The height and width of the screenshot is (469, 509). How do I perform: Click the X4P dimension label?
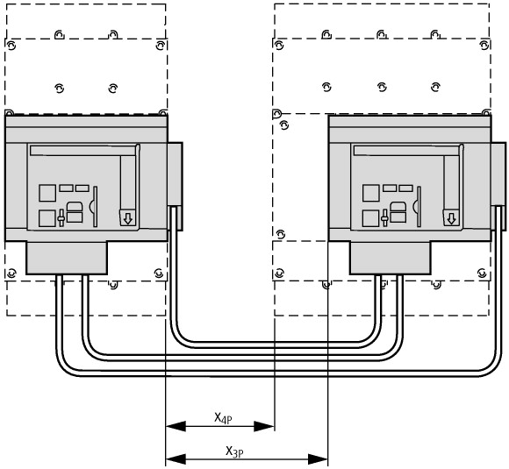click(x=223, y=418)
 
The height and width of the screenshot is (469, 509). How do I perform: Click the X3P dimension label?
click(x=234, y=451)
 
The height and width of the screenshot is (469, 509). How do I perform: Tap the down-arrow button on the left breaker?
click(x=128, y=218)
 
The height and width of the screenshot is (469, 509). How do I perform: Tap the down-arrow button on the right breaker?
click(x=451, y=218)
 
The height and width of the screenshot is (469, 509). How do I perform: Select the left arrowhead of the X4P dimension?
click(x=176, y=426)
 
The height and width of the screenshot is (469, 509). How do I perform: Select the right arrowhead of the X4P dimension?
click(x=264, y=426)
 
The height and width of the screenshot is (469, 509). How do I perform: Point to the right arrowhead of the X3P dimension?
click(x=318, y=459)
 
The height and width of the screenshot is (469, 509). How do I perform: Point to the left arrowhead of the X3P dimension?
click(x=176, y=459)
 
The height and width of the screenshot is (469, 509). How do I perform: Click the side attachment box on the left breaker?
click(x=175, y=186)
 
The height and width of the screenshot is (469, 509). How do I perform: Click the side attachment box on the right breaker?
click(x=498, y=186)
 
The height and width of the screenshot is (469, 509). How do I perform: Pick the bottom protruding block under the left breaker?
click(x=67, y=258)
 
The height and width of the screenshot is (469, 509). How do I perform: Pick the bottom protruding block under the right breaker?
click(x=391, y=258)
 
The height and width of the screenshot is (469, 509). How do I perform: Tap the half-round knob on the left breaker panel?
click(x=91, y=206)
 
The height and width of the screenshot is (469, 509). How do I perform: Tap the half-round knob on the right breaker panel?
click(x=415, y=206)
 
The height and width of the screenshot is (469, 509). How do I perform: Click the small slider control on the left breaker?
click(x=61, y=218)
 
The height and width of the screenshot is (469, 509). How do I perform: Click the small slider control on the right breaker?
click(x=384, y=218)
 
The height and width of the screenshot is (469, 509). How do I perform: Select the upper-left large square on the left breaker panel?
click(x=47, y=193)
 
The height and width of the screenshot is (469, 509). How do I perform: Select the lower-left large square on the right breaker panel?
click(x=370, y=218)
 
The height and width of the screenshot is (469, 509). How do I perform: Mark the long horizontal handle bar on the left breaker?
click(x=82, y=151)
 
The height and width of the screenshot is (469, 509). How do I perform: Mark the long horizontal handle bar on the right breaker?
click(x=406, y=151)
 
